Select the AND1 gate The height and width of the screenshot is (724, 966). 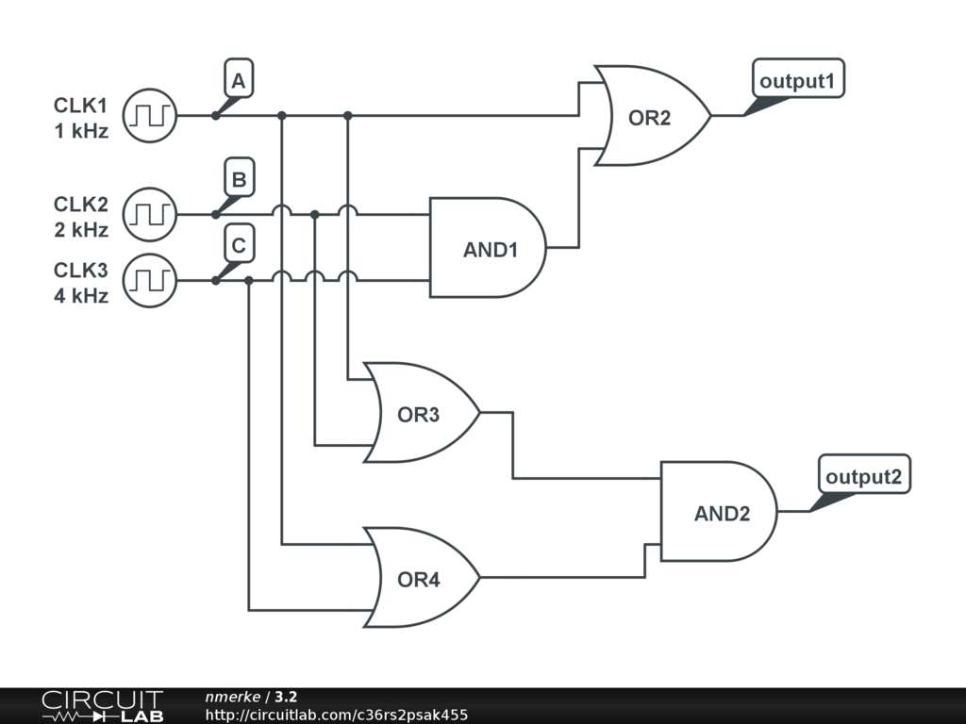[488, 248]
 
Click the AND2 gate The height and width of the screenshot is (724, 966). [719, 511]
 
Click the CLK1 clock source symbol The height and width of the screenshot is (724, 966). [150, 116]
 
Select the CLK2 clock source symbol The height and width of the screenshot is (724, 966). [150, 214]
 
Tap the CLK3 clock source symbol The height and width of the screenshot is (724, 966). [150, 281]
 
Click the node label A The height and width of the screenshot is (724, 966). [239, 78]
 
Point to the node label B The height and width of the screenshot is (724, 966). [239, 177]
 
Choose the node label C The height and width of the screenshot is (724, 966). [239, 243]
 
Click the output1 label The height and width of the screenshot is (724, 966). [798, 79]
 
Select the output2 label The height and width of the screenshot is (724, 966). [864, 475]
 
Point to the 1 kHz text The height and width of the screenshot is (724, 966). [81, 131]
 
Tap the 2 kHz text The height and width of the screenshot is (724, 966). [81, 230]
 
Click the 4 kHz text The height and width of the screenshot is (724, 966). [81, 296]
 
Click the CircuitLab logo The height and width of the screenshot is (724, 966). [103, 706]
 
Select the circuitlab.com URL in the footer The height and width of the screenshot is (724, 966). [337, 715]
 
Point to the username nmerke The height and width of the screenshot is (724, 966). [233, 697]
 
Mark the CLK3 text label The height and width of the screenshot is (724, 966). [81, 271]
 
